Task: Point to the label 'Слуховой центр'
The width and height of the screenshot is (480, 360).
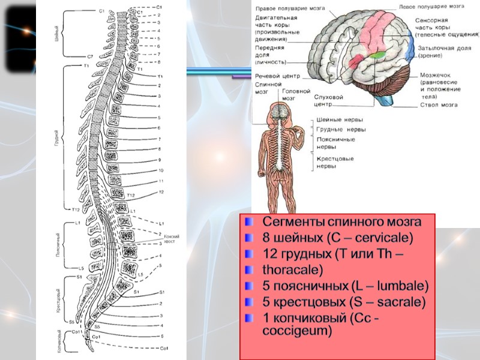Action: (329, 100)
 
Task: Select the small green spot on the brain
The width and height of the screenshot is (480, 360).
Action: (377, 55)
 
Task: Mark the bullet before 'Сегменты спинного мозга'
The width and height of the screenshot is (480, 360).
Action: (249, 222)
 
